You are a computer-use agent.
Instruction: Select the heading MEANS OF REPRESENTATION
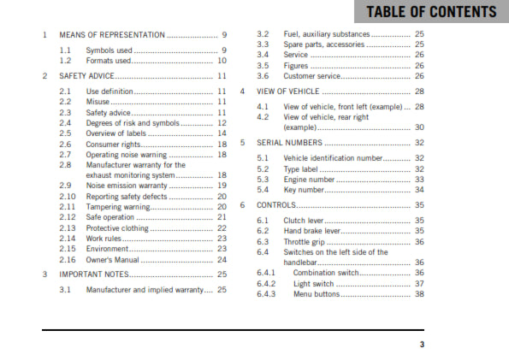pos(111,35)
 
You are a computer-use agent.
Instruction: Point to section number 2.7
pos(65,155)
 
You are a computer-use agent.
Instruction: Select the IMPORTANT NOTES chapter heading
pos(94,274)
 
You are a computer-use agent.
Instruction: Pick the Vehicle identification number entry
pos(333,159)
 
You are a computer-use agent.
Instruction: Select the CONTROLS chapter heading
pos(276,205)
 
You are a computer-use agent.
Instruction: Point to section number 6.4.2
pos(266,283)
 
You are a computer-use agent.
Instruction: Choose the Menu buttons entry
pos(316,293)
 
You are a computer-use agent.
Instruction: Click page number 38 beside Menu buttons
pos(419,293)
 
